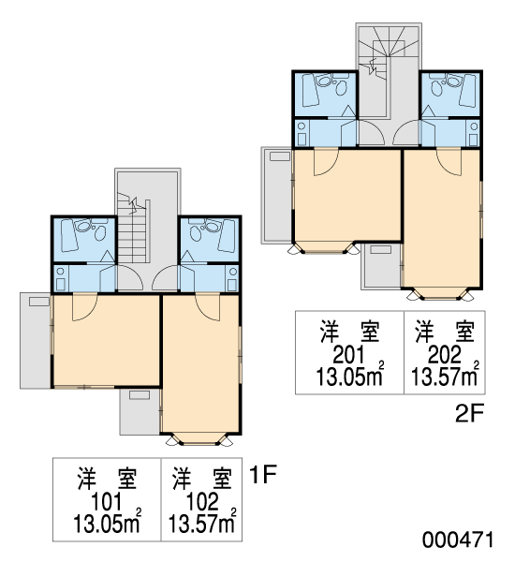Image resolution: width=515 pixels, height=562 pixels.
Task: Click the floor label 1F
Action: [x=263, y=475]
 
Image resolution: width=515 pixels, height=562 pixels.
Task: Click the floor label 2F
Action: [x=470, y=413]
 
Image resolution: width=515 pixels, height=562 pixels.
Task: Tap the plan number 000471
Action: [x=458, y=540]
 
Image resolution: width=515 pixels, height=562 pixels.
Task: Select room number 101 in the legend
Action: [x=107, y=502]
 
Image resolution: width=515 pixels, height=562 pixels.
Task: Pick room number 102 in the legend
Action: [x=202, y=502]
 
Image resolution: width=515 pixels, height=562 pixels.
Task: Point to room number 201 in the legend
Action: [x=348, y=355]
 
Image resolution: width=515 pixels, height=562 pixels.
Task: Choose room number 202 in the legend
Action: [x=445, y=355]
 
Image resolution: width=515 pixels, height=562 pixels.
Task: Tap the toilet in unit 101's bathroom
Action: [x=100, y=233]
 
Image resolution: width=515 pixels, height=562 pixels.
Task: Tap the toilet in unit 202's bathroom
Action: [x=436, y=88]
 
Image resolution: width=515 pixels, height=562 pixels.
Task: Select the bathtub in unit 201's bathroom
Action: [x=310, y=91]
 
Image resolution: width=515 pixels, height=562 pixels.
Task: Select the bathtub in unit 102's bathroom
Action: [x=227, y=236]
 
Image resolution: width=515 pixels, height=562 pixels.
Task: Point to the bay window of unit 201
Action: [x=325, y=247]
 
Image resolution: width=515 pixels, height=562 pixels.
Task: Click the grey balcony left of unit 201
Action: [x=276, y=195]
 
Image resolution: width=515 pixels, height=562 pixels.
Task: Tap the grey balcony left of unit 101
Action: [x=36, y=341]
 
